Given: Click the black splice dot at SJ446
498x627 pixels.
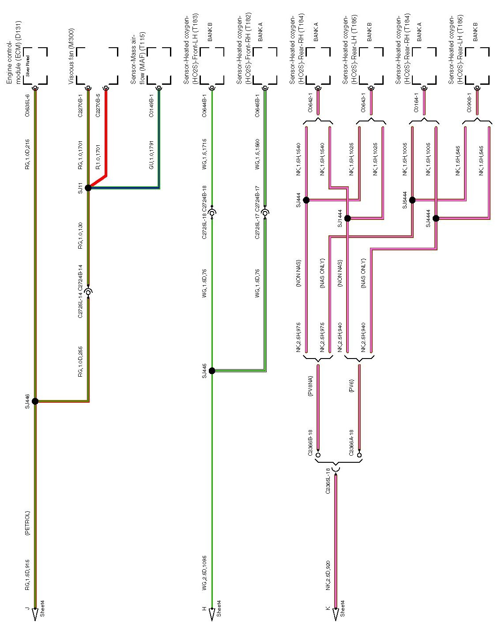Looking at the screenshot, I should (35, 401).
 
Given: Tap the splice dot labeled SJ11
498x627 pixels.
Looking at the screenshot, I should (88, 188).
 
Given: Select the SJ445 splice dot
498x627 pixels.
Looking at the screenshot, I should (212, 371).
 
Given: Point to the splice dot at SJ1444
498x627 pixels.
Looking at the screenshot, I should (347, 218).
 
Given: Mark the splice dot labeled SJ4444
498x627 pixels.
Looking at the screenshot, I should (436, 218).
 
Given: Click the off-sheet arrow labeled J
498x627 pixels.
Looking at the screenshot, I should (35, 614).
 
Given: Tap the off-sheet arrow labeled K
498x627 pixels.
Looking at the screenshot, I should (336, 614).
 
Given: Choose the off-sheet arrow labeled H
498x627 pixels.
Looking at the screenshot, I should (212, 614).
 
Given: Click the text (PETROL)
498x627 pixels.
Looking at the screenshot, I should (27, 524).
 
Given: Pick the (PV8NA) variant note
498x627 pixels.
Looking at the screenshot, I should (310, 386).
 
